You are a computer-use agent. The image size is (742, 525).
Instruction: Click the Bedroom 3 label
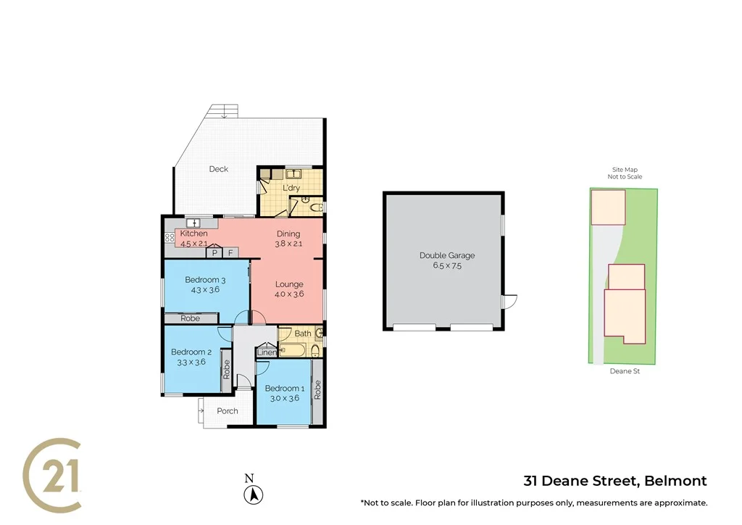click(205, 280)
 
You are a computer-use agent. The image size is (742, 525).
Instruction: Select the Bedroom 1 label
click(283, 388)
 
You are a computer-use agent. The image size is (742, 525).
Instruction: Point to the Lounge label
click(288, 284)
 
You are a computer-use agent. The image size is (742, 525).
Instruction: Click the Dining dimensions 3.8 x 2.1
click(288, 244)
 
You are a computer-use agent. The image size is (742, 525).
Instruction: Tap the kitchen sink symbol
click(193, 223)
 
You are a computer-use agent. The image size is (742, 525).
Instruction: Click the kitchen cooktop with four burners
click(169, 237)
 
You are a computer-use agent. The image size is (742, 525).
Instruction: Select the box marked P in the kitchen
click(214, 253)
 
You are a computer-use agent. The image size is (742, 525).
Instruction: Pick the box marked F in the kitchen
click(230, 253)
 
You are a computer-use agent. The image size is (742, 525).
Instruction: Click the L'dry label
click(291, 189)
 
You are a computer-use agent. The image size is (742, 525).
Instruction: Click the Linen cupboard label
click(266, 352)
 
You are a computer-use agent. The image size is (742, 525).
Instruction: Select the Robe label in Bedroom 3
click(190, 318)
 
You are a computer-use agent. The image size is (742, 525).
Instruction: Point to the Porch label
click(228, 411)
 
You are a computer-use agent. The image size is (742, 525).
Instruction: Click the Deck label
click(218, 169)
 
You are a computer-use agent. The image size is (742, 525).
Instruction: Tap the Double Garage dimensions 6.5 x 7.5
click(446, 265)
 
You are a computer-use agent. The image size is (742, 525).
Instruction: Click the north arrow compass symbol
click(254, 495)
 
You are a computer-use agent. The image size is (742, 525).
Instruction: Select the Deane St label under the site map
click(625, 371)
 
